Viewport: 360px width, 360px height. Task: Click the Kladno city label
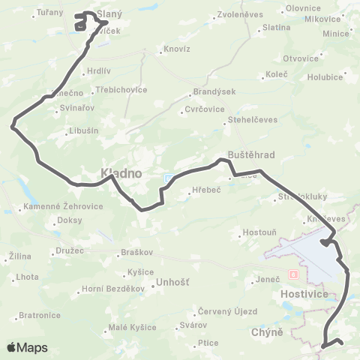121,173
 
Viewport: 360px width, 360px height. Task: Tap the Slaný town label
110,14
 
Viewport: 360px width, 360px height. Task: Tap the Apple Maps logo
26,347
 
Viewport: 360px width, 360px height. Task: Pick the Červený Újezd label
227,311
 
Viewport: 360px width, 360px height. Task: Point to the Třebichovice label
121,88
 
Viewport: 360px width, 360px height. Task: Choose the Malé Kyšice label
133,327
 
